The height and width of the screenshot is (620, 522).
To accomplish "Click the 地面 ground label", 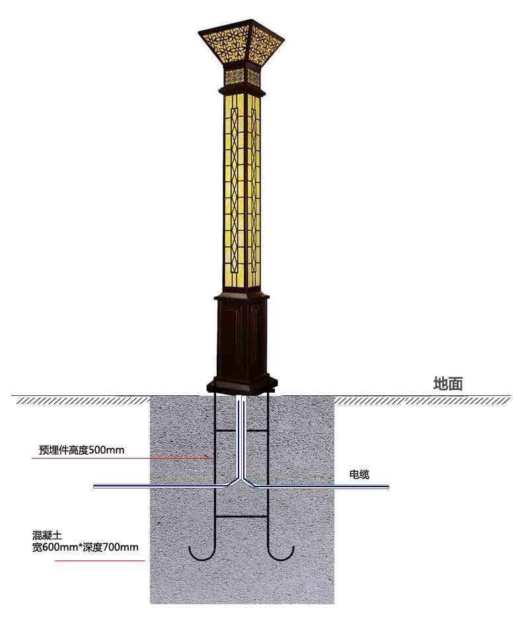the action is click(x=447, y=384).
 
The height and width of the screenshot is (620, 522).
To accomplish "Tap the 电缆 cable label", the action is click(x=359, y=474).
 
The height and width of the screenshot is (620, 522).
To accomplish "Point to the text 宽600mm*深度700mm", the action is click(x=85, y=547).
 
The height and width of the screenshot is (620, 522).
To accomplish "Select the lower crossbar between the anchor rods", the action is click(x=241, y=515).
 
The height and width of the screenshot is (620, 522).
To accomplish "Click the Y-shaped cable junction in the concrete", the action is click(x=241, y=481).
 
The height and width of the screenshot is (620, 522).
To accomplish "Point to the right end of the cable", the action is click(x=387, y=487).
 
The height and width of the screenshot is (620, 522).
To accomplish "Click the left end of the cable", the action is click(x=95, y=487).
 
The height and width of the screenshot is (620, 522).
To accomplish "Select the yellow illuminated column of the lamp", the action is click(x=241, y=192).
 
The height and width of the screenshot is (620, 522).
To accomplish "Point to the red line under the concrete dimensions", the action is click(x=99, y=561).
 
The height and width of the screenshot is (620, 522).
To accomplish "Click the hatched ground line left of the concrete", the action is click(x=79, y=399).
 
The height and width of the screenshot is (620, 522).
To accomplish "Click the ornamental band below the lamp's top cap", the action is click(x=241, y=78).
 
